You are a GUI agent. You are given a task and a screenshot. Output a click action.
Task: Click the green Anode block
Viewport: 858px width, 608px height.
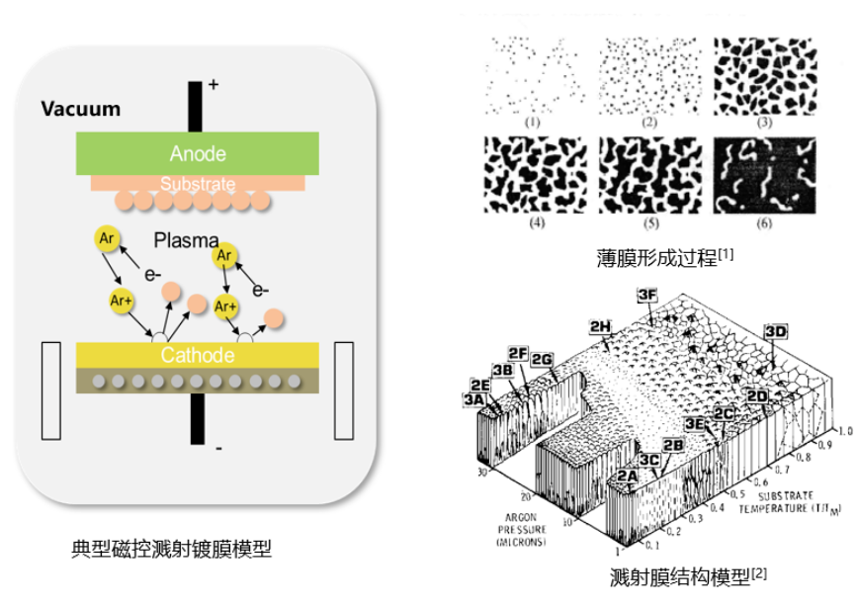[x=198, y=154]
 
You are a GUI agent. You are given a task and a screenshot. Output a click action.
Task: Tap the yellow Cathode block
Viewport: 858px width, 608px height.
[x=198, y=356]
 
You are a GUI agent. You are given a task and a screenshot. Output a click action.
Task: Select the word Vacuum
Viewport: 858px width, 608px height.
[x=81, y=109]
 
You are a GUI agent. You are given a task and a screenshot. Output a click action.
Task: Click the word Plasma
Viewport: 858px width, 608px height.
[x=186, y=240]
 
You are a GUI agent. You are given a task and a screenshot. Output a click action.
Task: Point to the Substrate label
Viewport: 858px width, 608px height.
[x=198, y=184]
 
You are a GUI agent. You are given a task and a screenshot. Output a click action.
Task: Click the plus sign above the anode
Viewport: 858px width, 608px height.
[x=213, y=86]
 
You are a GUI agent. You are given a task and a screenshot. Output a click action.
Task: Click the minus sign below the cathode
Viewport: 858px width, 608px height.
[x=217, y=449]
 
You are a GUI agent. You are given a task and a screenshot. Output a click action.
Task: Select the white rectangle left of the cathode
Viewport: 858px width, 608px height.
[x=50, y=391]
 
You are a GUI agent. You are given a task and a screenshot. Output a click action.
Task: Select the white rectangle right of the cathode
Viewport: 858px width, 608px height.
[x=344, y=391]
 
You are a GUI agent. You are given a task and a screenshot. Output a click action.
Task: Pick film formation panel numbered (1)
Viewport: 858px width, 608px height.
[x=533, y=76]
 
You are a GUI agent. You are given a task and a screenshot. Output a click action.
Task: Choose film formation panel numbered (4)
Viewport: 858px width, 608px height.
[x=533, y=174]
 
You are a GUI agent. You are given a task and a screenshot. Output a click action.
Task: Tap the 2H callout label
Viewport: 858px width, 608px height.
[x=599, y=326]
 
